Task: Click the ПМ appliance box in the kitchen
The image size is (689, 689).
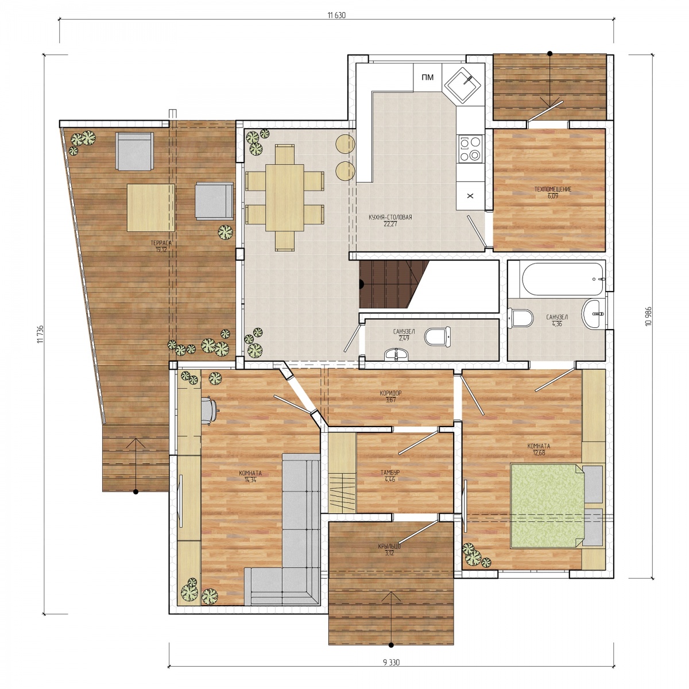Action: [427, 78]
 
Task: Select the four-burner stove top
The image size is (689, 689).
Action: [470, 148]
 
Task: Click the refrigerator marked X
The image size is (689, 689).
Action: [470, 196]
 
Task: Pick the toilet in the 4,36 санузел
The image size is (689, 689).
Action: [522, 318]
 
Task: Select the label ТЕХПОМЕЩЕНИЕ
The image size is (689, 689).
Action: [553, 189]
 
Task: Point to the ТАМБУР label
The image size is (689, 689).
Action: [390, 473]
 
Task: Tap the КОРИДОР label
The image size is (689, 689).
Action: [390, 393]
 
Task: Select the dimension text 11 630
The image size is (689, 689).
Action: [336, 15]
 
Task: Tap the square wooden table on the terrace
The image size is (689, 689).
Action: [151, 207]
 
